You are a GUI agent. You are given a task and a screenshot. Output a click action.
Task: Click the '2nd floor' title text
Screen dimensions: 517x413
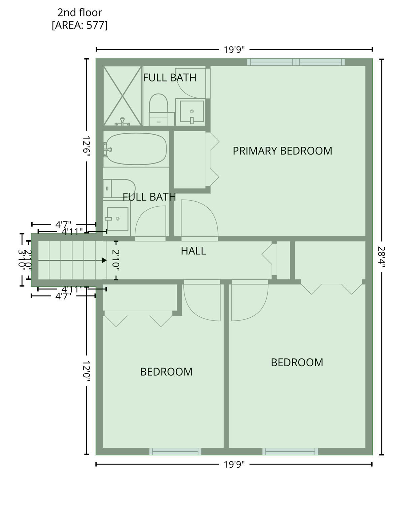(79, 12)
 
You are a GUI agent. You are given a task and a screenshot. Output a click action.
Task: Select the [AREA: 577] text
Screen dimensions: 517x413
(79, 25)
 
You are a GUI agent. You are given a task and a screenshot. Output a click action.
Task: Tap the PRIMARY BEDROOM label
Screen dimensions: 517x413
(282, 151)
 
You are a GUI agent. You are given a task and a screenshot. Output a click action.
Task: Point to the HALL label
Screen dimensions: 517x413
(193, 251)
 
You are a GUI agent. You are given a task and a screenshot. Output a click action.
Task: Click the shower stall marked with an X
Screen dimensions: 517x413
(123, 96)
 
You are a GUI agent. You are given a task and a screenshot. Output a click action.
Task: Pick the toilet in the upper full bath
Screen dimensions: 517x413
(159, 106)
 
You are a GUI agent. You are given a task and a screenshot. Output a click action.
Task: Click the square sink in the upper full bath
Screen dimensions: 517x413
(192, 111)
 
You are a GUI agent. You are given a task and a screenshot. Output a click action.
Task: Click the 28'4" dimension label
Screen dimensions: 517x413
(381, 256)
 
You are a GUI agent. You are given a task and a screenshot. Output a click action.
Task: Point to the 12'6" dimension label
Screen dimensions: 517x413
(87, 145)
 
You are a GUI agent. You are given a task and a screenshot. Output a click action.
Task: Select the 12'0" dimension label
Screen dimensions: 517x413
(87, 371)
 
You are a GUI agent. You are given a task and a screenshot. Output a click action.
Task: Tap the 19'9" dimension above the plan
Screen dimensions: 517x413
(234, 50)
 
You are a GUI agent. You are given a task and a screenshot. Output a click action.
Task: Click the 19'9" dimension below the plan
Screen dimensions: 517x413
(234, 465)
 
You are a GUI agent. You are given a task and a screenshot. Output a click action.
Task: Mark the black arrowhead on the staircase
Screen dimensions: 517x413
(104, 260)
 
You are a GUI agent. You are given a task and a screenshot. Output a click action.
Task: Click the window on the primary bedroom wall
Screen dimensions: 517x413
(296, 62)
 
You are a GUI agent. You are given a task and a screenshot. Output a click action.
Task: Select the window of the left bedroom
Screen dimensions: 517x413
(175, 451)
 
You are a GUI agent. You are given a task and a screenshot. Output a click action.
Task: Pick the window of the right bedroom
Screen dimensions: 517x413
(290, 451)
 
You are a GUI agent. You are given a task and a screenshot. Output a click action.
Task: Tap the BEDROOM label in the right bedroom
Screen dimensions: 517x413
(297, 363)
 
